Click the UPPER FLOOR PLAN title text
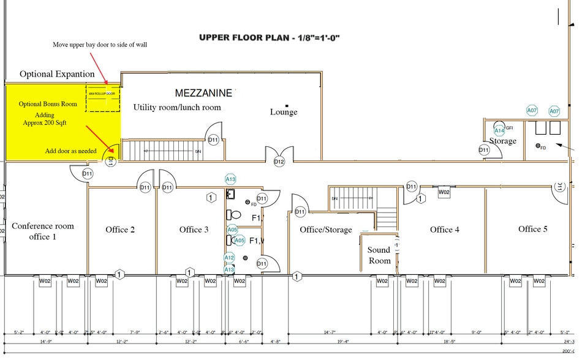[270, 37]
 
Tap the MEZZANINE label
[204, 93]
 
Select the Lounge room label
[284, 112]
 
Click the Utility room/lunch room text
[177, 107]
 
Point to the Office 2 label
[120, 230]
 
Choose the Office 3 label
[194, 230]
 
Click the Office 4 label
[445, 230]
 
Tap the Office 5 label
[533, 229]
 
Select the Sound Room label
[379, 255]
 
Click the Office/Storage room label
[326, 230]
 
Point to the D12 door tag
[279, 162]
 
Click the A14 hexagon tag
[499, 130]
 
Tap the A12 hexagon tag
[229, 258]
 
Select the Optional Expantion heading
[57, 74]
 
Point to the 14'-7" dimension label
[330, 332]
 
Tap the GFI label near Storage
[509, 127]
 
